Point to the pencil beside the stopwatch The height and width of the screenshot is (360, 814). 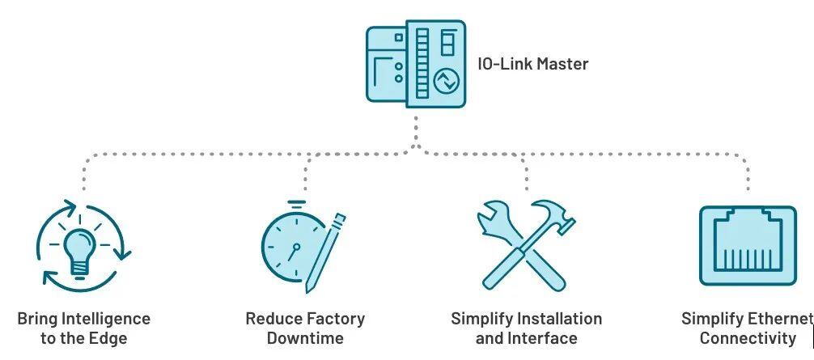(327, 251)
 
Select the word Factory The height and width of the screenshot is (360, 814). (333, 319)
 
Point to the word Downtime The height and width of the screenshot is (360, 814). (305, 338)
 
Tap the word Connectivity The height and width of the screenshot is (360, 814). (748, 338)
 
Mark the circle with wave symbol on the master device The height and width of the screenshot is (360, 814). (446, 81)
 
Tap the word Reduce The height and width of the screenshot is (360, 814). (272, 319)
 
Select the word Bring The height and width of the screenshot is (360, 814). (37, 319)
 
